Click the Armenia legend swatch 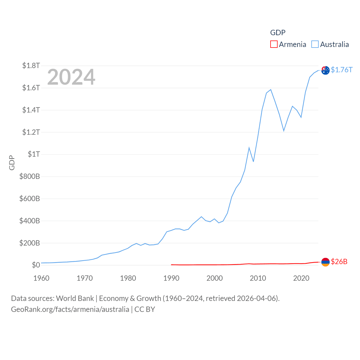[x=274, y=44]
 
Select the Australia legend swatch [x=315, y=44]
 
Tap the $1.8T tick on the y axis [x=31, y=66]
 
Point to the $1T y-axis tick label [x=34, y=154]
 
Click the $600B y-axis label [x=30, y=199]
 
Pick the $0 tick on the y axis [x=36, y=265]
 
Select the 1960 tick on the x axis [x=41, y=278]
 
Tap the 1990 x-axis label [x=171, y=278]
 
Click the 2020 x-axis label [x=301, y=278]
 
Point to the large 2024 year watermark [x=71, y=77]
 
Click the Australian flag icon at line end [x=325, y=70]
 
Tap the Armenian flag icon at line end [x=325, y=262]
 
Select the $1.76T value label [x=341, y=70]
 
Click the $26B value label [x=339, y=262]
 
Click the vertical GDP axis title [x=12, y=163]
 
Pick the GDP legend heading [x=278, y=33]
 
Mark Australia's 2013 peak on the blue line [x=271, y=90]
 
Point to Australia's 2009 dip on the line [x=253, y=161]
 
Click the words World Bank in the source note [x=75, y=298]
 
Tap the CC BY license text [x=145, y=309]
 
